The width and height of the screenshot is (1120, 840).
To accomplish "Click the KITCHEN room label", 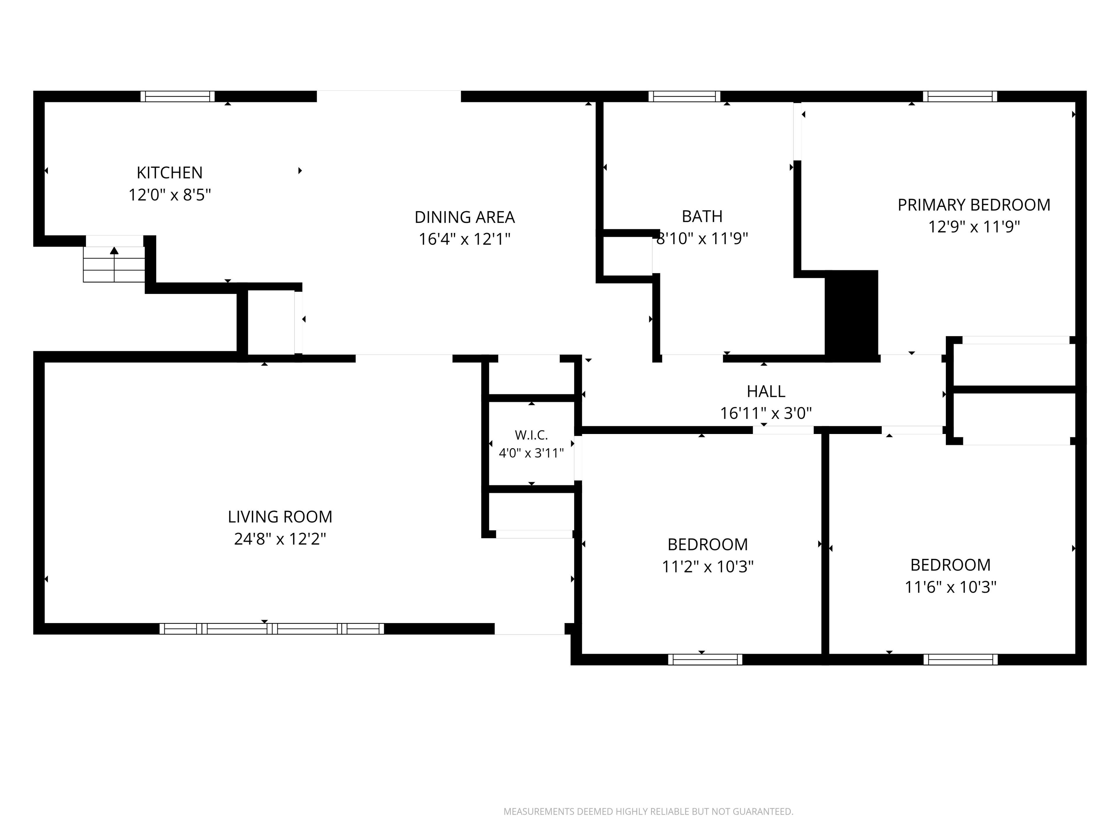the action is [x=170, y=173].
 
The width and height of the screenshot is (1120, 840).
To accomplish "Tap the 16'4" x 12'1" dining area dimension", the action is [x=464, y=239].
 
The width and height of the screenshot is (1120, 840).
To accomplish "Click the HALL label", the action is [x=766, y=391].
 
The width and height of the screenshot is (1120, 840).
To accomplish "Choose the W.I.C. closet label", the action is [x=531, y=435].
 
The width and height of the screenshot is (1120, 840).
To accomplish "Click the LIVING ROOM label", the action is [x=280, y=517].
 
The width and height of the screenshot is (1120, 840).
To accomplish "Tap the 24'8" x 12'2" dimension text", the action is [x=280, y=539].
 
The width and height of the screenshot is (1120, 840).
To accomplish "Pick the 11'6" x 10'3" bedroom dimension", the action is [x=950, y=587].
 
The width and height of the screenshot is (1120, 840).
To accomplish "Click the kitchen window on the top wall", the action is [x=178, y=96].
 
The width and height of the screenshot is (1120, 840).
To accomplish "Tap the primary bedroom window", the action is [x=960, y=96].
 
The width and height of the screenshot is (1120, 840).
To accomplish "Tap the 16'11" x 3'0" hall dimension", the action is [x=766, y=413].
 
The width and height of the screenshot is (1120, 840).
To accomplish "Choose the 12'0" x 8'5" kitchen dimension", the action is [x=170, y=195].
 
